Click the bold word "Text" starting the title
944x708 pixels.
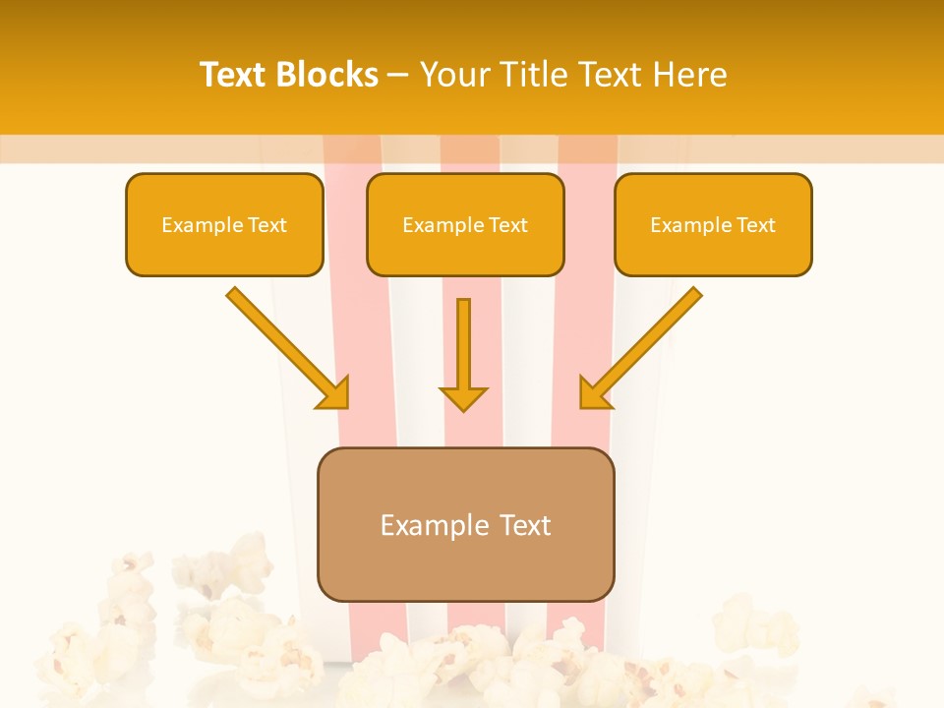[234, 75]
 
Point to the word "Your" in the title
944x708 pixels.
[450, 75]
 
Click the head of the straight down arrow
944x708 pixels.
[463, 397]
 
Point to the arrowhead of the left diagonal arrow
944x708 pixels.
[334, 393]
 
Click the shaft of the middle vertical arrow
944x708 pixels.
[463, 339]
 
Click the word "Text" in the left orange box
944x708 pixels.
[267, 225]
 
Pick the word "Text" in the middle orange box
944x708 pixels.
[508, 225]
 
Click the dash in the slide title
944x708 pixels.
[399, 75]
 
